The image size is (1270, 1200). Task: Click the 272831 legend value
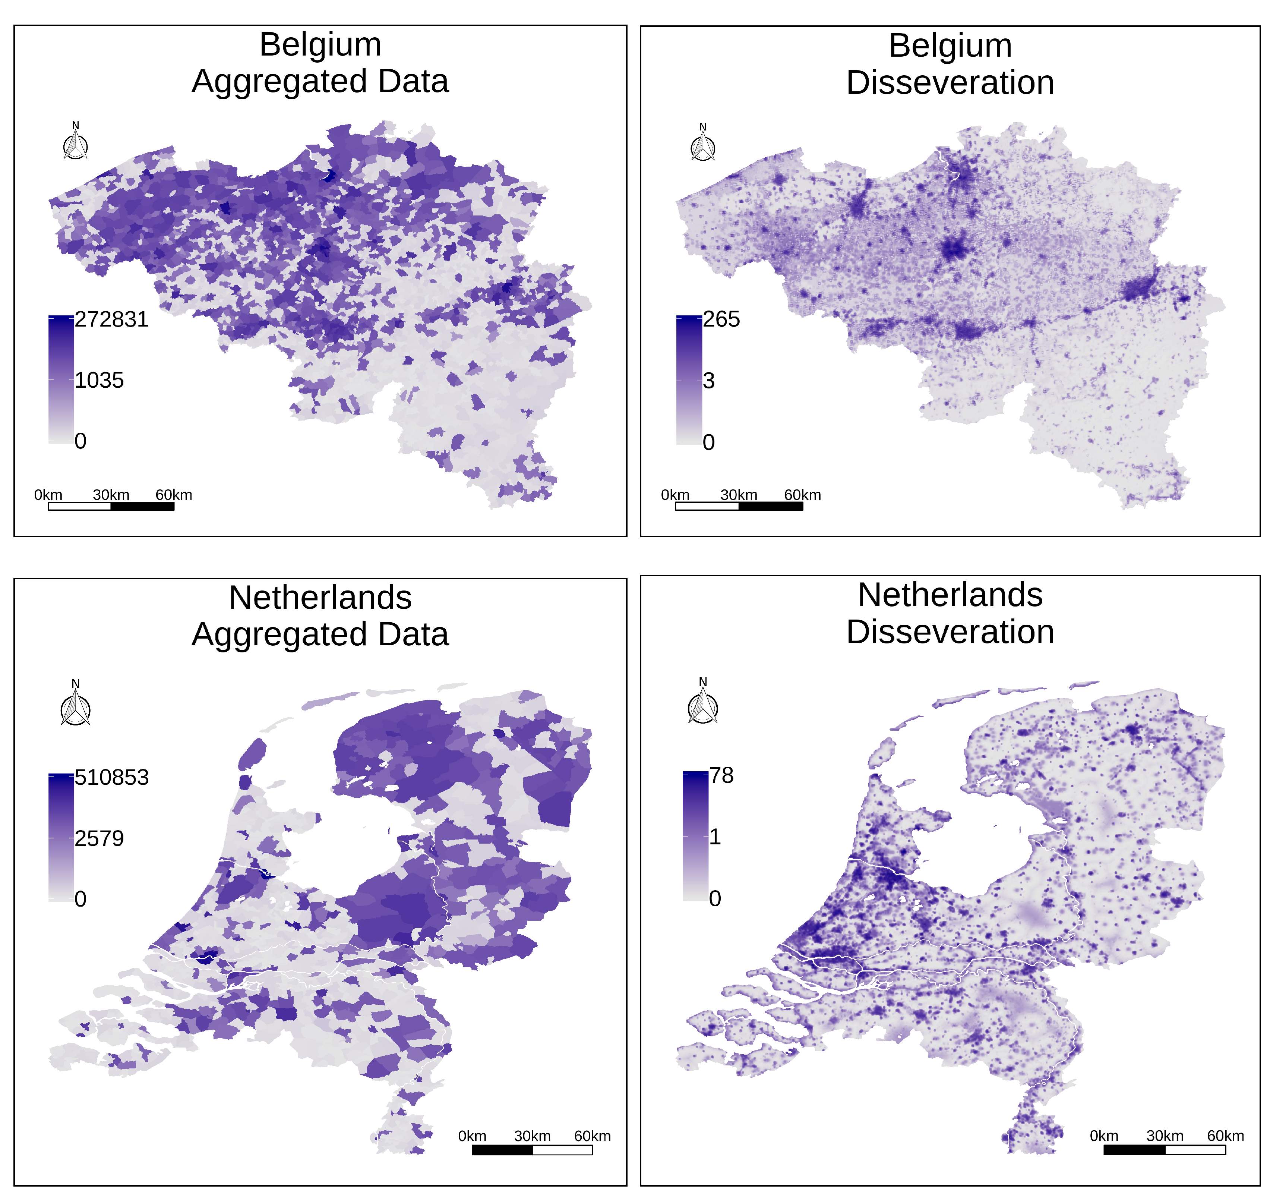111,319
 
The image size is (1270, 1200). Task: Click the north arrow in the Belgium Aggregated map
75,144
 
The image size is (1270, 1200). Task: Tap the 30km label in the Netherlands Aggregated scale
532,1136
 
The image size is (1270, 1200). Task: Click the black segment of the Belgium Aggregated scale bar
142,506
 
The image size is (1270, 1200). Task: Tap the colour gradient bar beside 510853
61,838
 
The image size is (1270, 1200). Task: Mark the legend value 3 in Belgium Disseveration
708,381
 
